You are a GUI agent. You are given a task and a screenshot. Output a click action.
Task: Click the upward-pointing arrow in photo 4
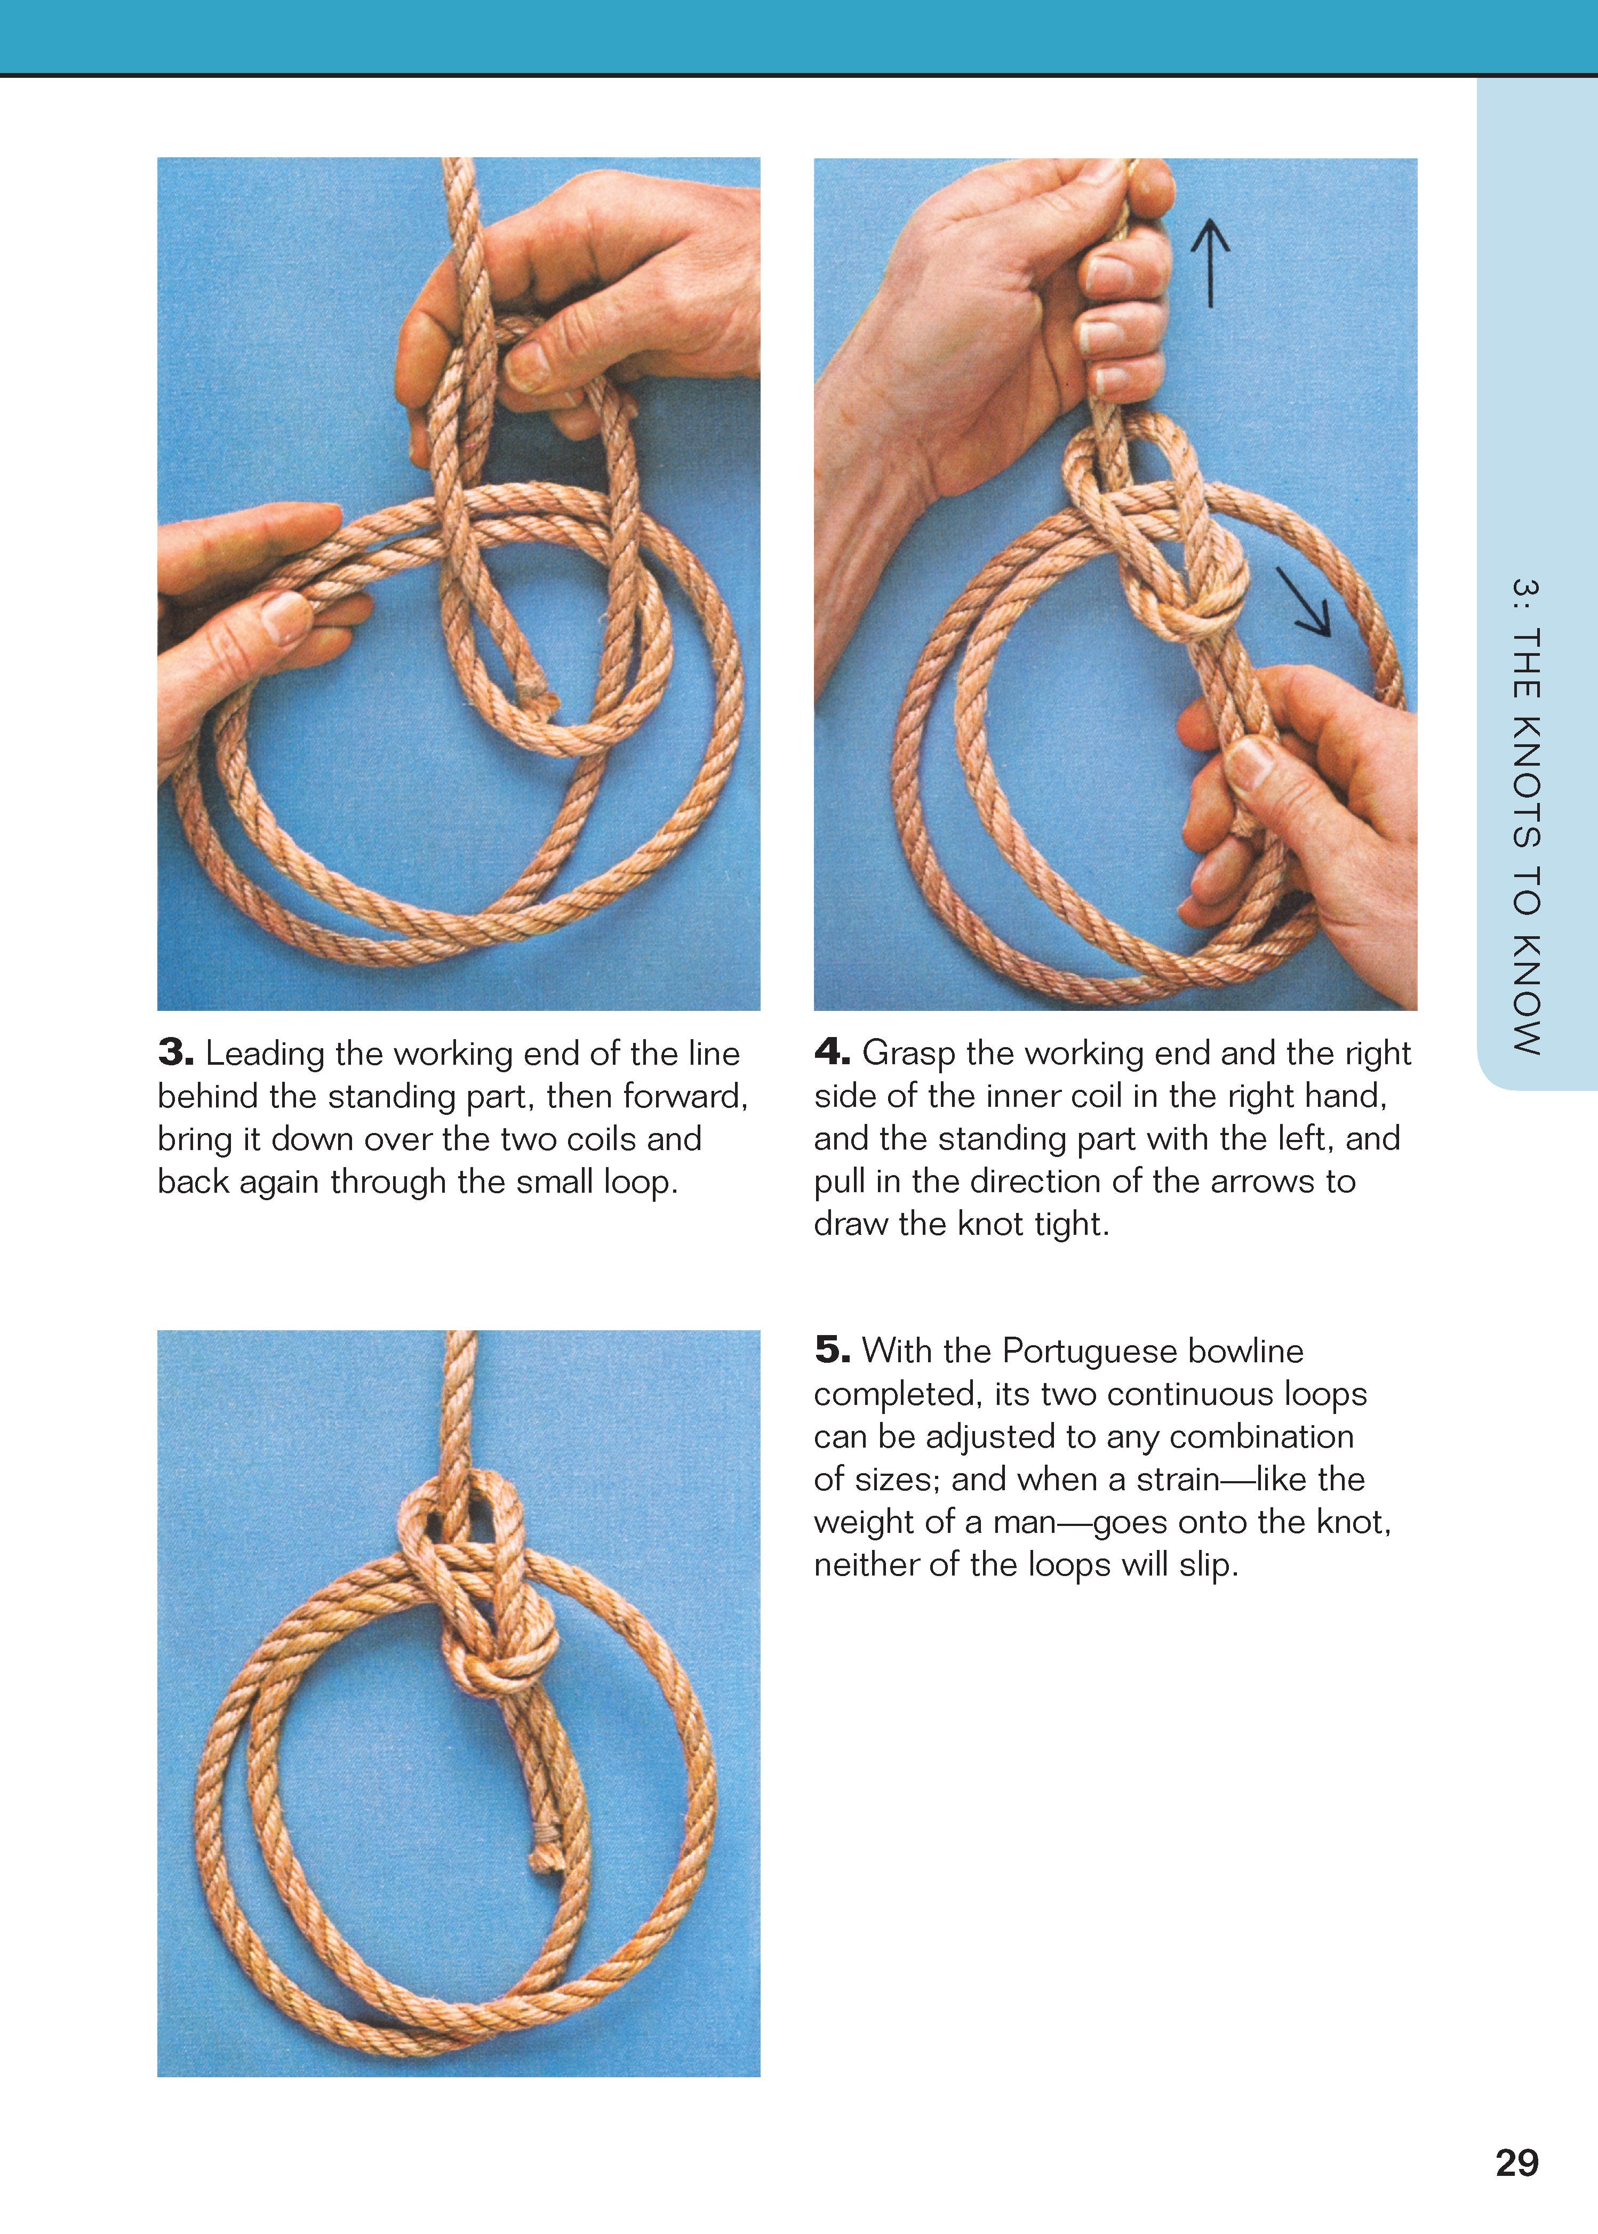point(1210,263)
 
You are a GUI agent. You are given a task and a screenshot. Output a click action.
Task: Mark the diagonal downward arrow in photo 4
point(1304,602)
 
